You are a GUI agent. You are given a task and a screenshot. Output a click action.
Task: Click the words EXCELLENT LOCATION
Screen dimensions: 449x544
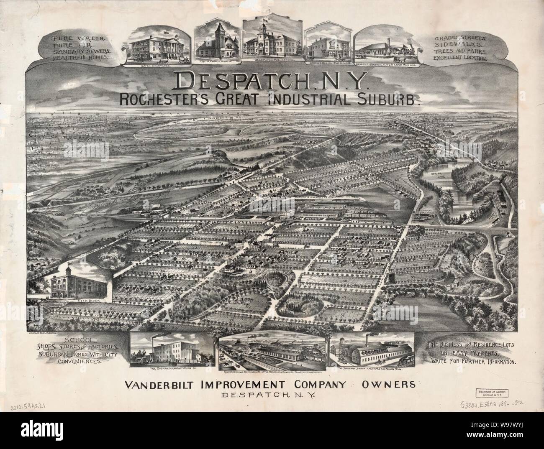click(x=461, y=59)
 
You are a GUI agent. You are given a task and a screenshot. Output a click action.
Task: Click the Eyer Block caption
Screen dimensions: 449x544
click(x=80, y=300)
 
